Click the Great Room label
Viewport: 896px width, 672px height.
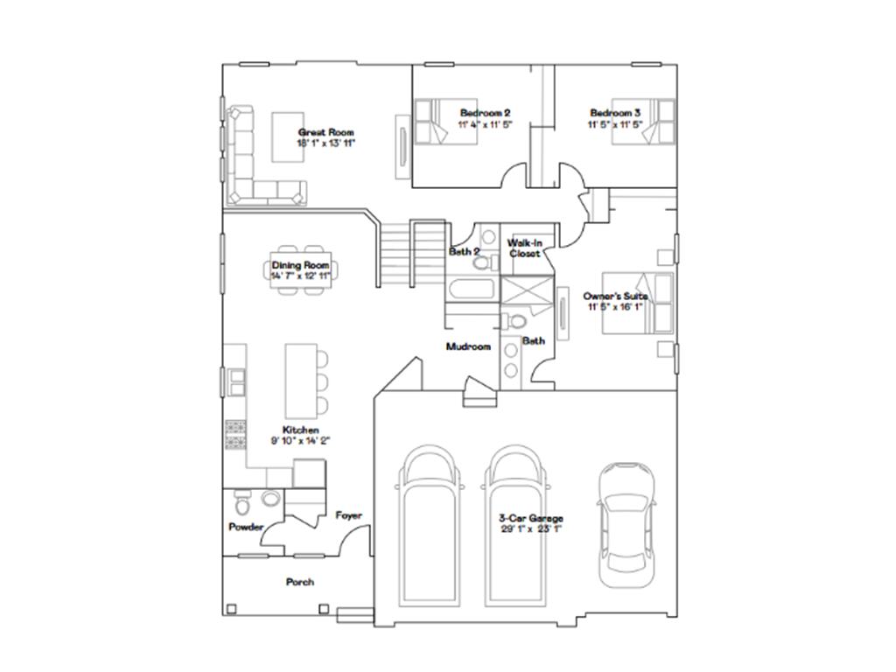325,132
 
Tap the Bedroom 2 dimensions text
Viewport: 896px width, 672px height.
485,125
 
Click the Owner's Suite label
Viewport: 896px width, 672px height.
615,297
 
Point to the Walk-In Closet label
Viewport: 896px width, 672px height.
524,248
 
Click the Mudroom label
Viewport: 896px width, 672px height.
468,346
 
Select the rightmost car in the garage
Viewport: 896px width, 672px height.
625,525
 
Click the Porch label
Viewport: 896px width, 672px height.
299,582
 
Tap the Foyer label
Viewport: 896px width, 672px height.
348,515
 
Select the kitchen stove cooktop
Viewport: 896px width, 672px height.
236,435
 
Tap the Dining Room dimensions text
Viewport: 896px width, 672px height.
300,276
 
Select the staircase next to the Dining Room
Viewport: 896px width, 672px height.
411,254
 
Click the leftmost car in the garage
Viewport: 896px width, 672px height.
430,525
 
